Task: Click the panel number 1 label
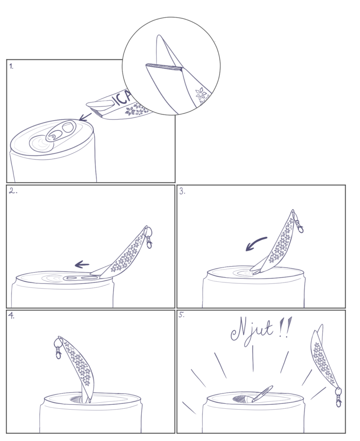point(11,67)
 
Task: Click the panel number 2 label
point(13,191)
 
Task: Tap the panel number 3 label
point(182,192)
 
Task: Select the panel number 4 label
point(11,316)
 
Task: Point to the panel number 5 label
point(182,315)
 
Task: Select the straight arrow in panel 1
point(85,117)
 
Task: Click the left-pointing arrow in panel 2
point(82,264)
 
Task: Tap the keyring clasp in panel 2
point(148,238)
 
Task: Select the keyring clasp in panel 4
point(58,348)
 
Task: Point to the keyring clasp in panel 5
point(338,397)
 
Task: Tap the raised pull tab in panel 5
point(262,394)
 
